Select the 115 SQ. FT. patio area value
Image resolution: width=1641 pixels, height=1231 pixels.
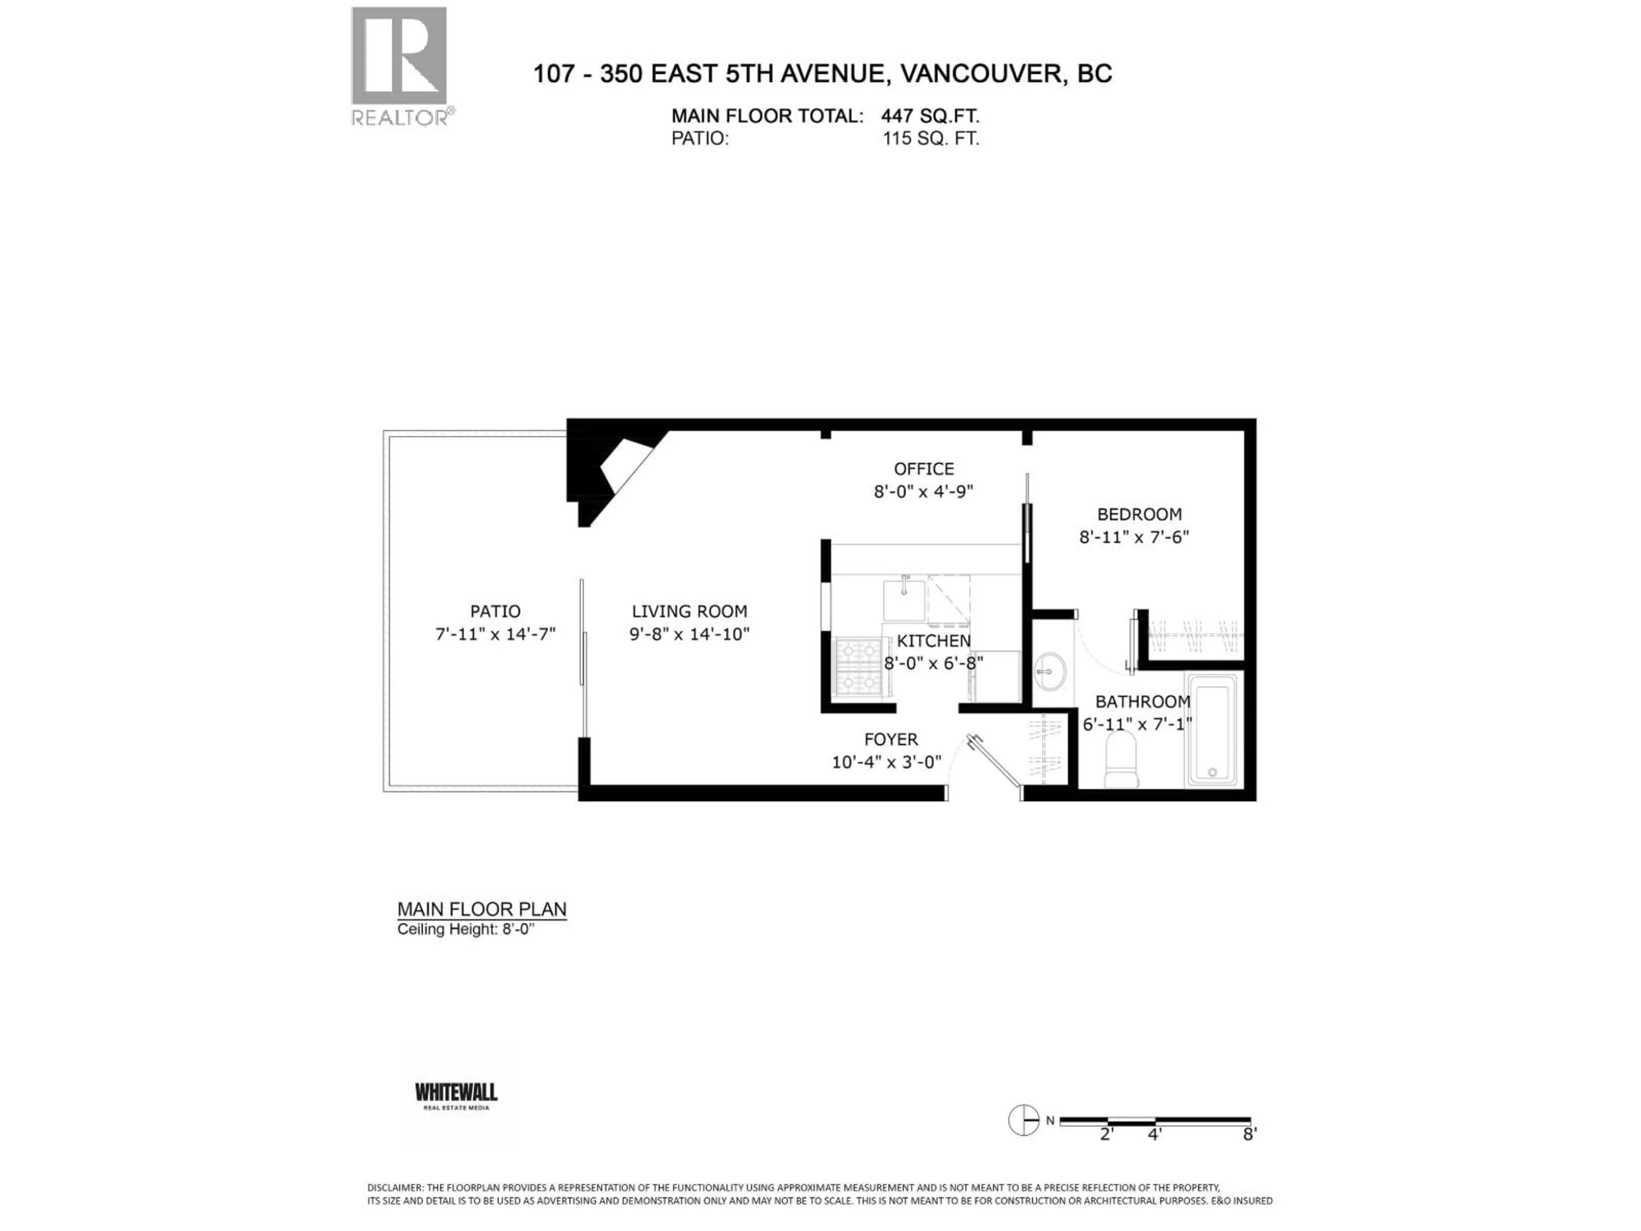pos(930,139)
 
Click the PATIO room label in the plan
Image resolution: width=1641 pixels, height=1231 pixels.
pos(495,611)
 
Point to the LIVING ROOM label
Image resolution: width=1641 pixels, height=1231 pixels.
pos(689,611)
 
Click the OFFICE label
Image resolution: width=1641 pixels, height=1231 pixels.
pos(923,469)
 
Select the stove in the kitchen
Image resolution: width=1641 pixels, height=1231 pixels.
pos(858,666)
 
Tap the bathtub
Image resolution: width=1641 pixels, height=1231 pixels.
pos(1212,729)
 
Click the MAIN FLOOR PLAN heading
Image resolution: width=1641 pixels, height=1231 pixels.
pos(482,909)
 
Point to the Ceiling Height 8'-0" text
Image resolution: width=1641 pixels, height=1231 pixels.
pos(465,930)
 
